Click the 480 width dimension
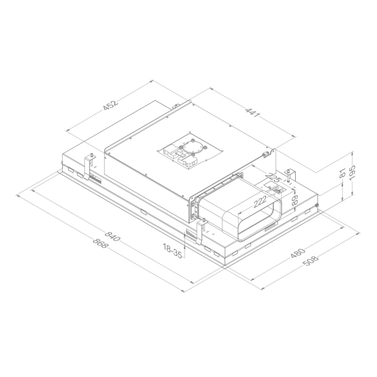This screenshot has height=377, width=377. [298, 253]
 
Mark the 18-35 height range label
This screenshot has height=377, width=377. [172, 251]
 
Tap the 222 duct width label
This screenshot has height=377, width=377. [261, 202]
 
